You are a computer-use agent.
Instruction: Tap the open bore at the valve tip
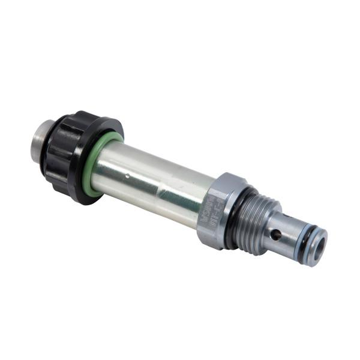[319, 246]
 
